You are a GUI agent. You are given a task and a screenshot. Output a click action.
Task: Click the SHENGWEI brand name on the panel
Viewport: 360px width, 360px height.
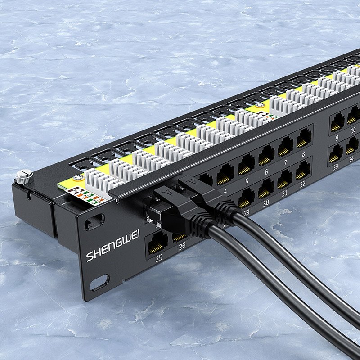(113, 246)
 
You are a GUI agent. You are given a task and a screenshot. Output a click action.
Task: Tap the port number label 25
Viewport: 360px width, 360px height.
(159, 258)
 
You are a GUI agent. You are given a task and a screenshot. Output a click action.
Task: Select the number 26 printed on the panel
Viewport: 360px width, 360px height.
(182, 246)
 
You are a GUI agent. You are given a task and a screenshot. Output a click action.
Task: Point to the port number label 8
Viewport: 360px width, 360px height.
(303, 154)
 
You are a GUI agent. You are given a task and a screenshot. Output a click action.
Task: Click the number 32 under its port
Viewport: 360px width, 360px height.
(303, 184)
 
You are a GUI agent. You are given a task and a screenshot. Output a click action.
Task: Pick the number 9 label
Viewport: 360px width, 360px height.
(337, 138)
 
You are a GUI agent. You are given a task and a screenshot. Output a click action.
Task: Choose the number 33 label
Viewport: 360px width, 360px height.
(336, 167)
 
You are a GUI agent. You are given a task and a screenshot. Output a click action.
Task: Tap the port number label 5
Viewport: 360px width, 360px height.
(247, 181)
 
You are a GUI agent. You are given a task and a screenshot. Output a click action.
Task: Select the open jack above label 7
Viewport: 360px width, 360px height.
(285, 147)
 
